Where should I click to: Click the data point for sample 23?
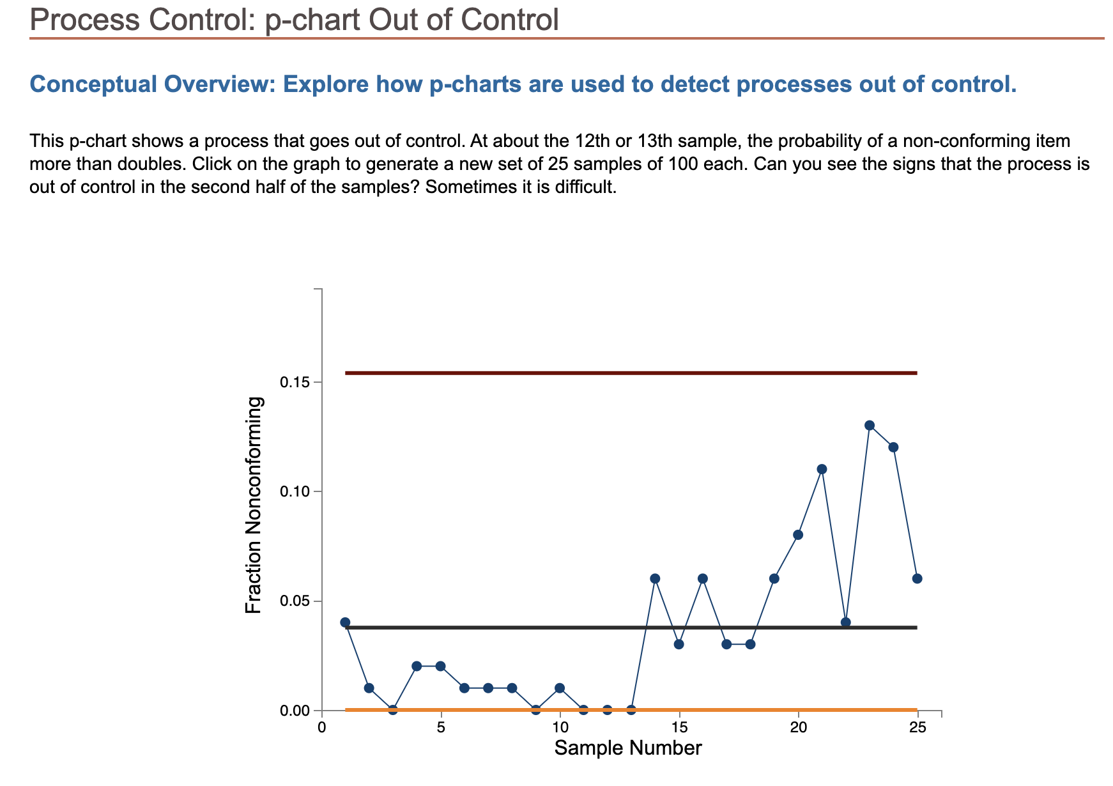(870, 426)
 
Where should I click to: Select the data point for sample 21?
(822, 469)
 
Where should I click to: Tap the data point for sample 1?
(345, 622)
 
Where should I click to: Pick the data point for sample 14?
(655, 578)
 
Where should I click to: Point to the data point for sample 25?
(917, 578)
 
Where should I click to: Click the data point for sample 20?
(798, 535)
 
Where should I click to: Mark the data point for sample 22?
(846, 622)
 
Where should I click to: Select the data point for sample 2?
(369, 688)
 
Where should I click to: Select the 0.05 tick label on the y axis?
(295, 601)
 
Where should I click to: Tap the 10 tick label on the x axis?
(560, 728)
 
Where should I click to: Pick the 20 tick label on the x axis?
(798, 728)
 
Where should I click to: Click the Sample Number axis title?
(627, 748)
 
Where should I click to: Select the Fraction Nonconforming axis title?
(254, 505)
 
